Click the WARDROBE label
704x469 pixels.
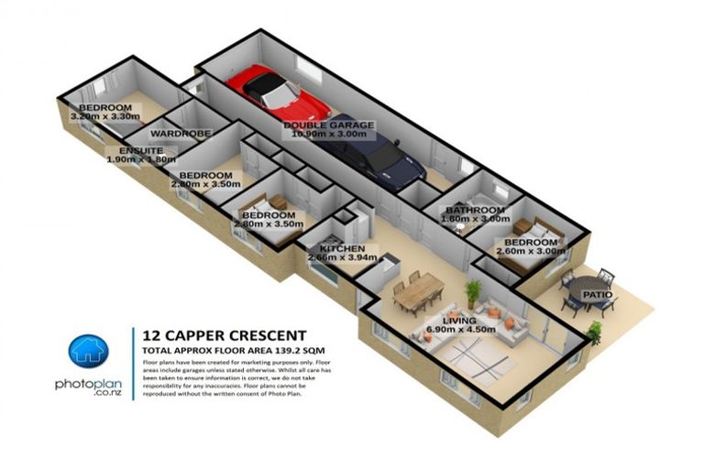(187, 134)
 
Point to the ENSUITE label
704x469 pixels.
(140, 150)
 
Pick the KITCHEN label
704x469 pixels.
(342, 249)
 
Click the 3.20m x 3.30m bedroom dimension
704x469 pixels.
(108, 116)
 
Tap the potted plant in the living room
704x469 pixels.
(473, 294)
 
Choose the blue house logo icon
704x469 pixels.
(89, 352)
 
